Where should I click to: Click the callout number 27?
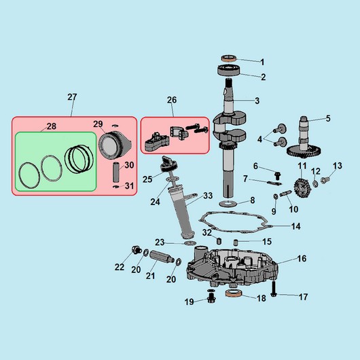point(72,97)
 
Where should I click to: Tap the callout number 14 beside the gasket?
point(295,226)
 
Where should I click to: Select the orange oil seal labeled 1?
point(229,58)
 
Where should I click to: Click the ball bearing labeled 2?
point(229,70)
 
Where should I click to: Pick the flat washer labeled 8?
point(227,203)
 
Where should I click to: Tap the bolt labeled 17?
point(274,289)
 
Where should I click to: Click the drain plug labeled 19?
point(211,297)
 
